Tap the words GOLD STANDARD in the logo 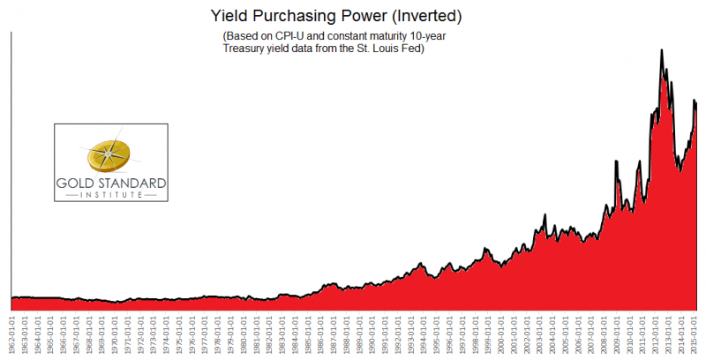pos(109,184)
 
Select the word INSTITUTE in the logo pos(109,195)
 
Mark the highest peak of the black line pos(662,50)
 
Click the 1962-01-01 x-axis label pos(11,332)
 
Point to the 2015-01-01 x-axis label pos(695,332)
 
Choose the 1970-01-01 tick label pos(115,332)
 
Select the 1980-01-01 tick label pos(244,332)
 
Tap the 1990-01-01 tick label pos(372,332)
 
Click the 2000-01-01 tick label pos(502,332)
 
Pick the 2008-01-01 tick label pos(605,332)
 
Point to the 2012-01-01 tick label pos(657,332)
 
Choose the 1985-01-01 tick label pos(308,332)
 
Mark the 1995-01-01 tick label pos(437,332)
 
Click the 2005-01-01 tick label pos(567,332)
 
